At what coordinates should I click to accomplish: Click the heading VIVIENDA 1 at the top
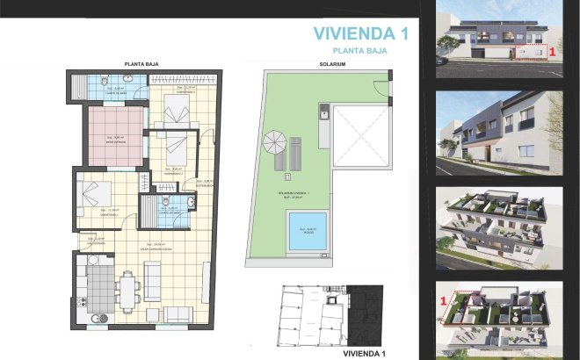click(x=362, y=34)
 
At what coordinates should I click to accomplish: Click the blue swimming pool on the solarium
click(x=308, y=230)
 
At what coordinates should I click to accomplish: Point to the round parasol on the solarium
click(x=273, y=140)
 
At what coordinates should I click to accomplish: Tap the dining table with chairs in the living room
click(x=129, y=287)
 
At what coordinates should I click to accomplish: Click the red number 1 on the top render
click(x=551, y=52)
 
